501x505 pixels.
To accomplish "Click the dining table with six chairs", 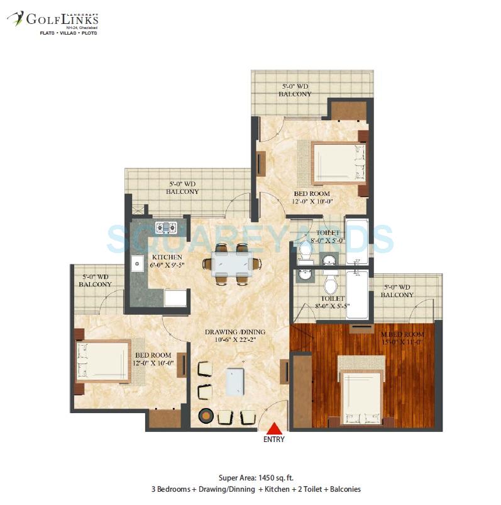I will (x=232, y=264).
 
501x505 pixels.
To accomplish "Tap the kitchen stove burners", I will (x=167, y=227).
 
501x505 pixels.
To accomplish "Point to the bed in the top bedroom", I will (x=338, y=162).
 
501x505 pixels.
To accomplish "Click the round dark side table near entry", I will (x=206, y=416).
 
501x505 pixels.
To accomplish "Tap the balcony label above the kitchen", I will (x=182, y=188).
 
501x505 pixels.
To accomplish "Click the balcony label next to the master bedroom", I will (x=397, y=291).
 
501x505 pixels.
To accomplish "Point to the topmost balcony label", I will (x=295, y=90).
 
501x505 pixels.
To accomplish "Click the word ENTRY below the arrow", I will (x=274, y=440).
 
